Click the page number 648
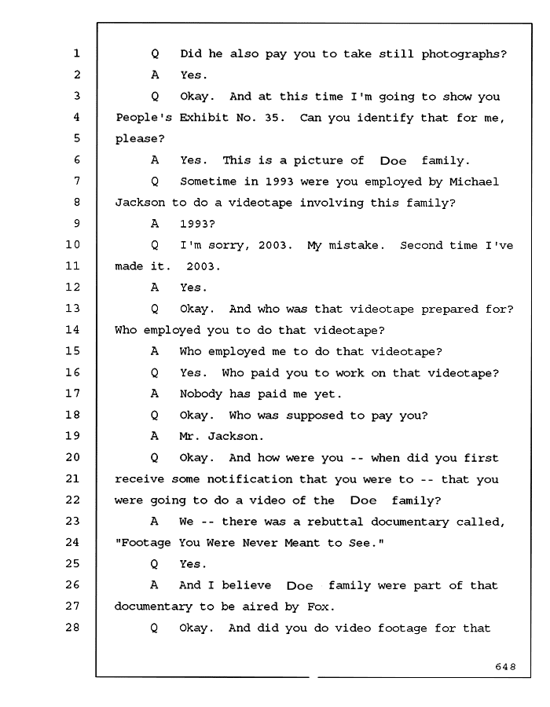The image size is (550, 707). point(505,666)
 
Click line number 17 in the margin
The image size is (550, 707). point(72,394)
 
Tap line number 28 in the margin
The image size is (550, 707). point(72,627)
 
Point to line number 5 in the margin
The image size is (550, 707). point(77,138)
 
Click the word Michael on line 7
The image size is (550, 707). point(474,181)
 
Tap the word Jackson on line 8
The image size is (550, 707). point(140,203)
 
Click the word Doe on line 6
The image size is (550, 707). point(393,161)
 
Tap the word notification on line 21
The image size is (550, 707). point(250,479)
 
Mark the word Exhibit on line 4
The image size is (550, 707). point(204,118)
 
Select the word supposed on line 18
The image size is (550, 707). point(314,416)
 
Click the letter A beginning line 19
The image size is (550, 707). point(155,436)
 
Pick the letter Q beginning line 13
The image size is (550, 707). point(155,310)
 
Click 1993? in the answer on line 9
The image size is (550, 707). point(197,224)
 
